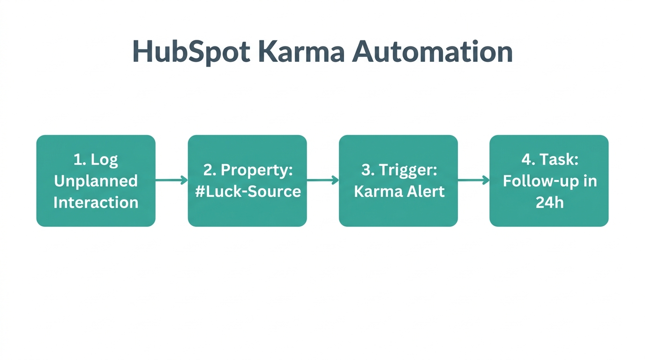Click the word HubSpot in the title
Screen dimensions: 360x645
pyautogui.click(x=191, y=51)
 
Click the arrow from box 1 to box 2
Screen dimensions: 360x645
pyautogui.click(x=172, y=180)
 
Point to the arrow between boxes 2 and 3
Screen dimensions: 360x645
pyautogui.click(x=322, y=180)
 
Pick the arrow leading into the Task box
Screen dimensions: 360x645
pyautogui.click(x=473, y=180)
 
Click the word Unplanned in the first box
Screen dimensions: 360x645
pyautogui.click(x=96, y=181)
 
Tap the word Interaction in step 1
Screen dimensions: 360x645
pyautogui.click(x=96, y=202)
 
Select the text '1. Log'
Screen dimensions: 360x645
pyautogui.click(x=96, y=159)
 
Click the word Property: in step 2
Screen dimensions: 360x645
pyautogui.click(x=257, y=170)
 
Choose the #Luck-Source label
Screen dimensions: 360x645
pyautogui.click(x=247, y=191)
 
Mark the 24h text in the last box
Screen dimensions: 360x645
pyautogui.click(x=549, y=202)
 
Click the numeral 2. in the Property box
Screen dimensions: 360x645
pyautogui.click(x=209, y=170)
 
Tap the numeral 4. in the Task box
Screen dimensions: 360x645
pyautogui.click(x=528, y=159)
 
